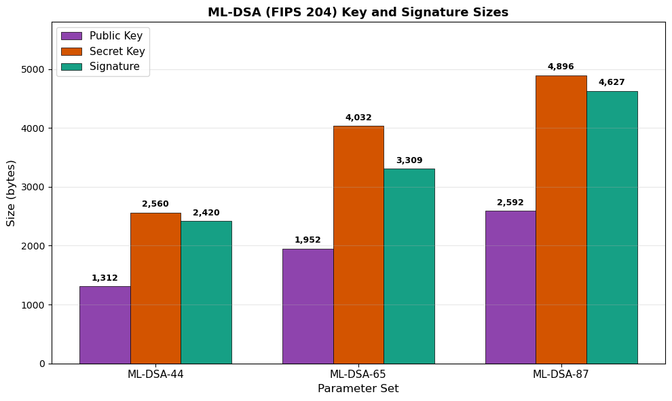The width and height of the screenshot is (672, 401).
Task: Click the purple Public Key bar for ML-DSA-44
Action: click(x=105, y=325)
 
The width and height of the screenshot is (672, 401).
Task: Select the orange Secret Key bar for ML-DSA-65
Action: click(x=358, y=245)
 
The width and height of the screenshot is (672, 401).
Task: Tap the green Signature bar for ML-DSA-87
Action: click(x=612, y=227)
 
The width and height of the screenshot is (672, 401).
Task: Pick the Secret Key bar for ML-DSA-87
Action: click(x=561, y=220)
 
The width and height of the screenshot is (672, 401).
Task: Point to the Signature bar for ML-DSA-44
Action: click(x=206, y=292)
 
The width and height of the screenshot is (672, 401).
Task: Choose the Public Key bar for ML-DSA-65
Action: click(x=307, y=306)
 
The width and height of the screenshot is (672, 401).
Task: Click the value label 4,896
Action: click(x=561, y=67)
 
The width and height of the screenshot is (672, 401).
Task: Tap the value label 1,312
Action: click(x=105, y=278)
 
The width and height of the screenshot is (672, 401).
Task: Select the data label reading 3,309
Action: click(x=409, y=160)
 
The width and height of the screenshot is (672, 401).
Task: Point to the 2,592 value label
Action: click(x=510, y=203)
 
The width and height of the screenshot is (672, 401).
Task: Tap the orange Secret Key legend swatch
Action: click(x=71, y=52)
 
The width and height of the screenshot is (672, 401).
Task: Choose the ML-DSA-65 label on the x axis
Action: click(x=358, y=374)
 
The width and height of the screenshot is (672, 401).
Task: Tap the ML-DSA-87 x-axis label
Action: click(x=561, y=374)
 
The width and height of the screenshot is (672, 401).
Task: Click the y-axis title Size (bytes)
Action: click(x=12, y=193)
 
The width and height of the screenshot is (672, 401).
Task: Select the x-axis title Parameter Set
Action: click(x=358, y=389)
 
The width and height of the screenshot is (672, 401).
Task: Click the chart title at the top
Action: click(x=358, y=12)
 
